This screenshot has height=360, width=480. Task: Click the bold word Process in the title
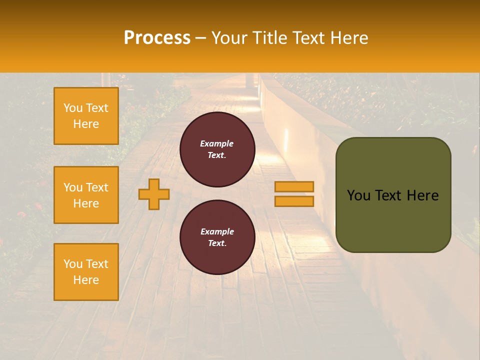pyautogui.click(x=157, y=37)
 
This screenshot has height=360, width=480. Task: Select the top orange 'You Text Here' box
pyautogui.click(x=86, y=116)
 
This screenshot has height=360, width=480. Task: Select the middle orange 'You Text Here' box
pyautogui.click(x=86, y=195)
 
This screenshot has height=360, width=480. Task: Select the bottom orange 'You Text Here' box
pyautogui.click(x=86, y=272)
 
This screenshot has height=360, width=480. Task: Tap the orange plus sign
pyautogui.click(x=154, y=194)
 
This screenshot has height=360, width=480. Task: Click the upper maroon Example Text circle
pyautogui.click(x=217, y=149)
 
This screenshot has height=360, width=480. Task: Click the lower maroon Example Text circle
pyautogui.click(x=217, y=237)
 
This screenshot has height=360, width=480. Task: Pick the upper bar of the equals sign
pyautogui.click(x=294, y=186)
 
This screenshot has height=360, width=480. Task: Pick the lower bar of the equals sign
pyautogui.click(x=294, y=201)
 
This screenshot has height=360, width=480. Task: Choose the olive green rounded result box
pyautogui.click(x=393, y=195)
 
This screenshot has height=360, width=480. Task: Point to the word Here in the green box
pyautogui.click(x=422, y=195)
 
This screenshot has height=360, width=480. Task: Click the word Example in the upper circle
pyautogui.click(x=217, y=143)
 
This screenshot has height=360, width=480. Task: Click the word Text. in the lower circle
pyautogui.click(x=217, y=243)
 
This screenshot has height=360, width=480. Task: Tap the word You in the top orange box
pyautogui.click(x=73, y=108)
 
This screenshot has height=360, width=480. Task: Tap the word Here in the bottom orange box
pyautogui.click(x=86, y=280)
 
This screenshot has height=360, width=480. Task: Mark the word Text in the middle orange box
pyautogui.click(x=97, y=187)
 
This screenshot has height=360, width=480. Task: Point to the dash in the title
pyautogui.click(x=201, y=38)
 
